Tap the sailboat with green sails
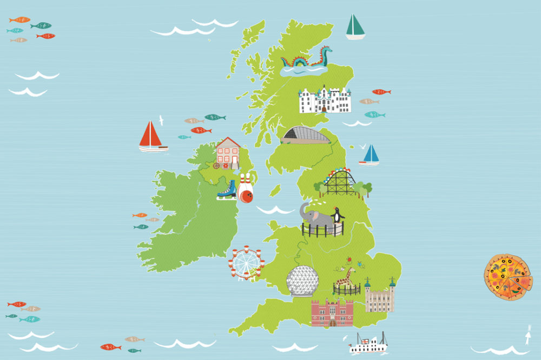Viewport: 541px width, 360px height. (x=355, y=27)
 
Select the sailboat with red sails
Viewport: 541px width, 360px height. (x=152, y=136)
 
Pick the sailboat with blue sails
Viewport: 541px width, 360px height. (x=370, y=154)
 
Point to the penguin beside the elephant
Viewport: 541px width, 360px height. (x=338, y=215)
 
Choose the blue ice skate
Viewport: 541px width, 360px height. (x=226, y=190)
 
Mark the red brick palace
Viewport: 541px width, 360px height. (x=332, y=313)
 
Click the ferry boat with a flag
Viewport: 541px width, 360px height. (x=368, y=344)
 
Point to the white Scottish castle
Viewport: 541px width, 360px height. (x=325, y=101)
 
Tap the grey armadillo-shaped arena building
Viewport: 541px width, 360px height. (x=305, y=135)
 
